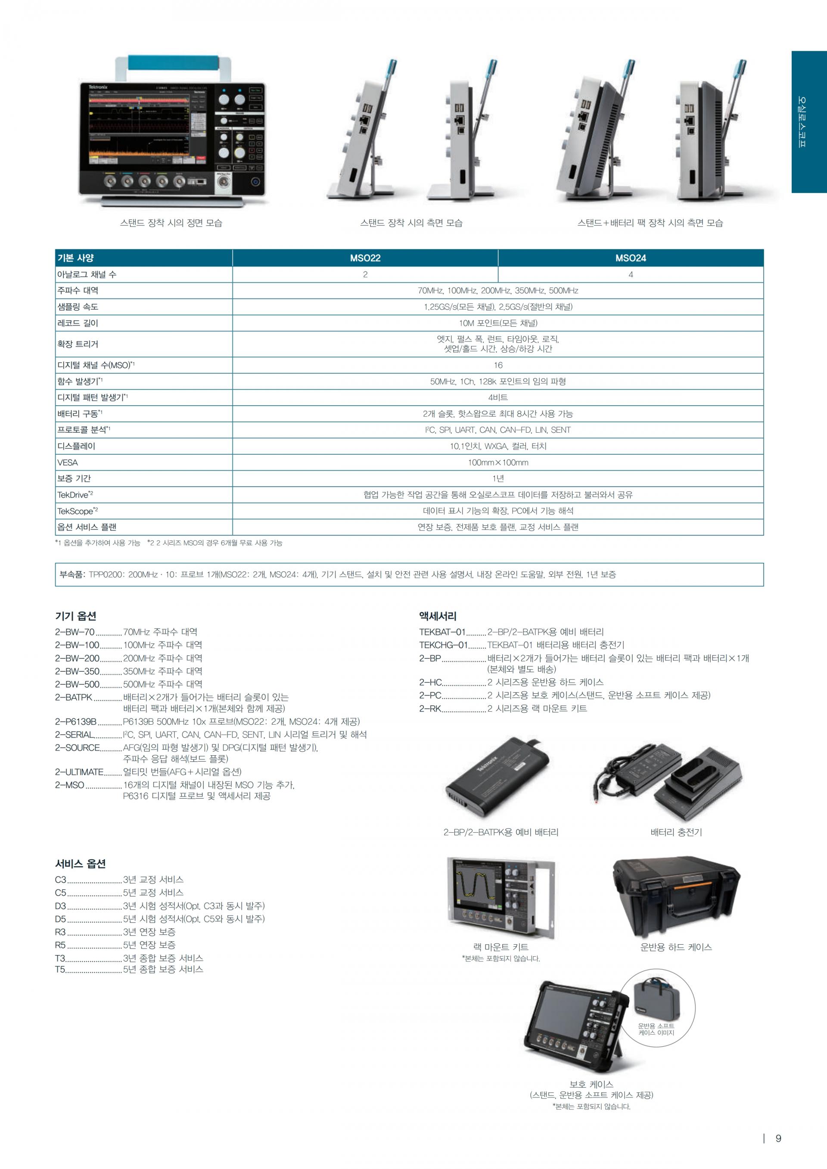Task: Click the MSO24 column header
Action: [x=631, y=258]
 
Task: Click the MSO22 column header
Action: [x=365, y=258]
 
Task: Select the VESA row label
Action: [x=68, y=462]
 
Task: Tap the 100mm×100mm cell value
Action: [x=498, y=462]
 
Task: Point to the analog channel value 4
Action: [x=631, y=274]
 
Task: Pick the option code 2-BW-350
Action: [x=78, y=671]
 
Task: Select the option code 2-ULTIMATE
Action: [x=79, y=772]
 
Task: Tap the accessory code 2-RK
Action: [x=430, y=708]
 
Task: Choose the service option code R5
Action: [x=61, y=945]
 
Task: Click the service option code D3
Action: [x=61, y=906]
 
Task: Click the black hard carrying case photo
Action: [x=676, y=899]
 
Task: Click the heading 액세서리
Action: [x=438, y=616]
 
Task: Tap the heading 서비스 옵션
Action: [x=81, y=864]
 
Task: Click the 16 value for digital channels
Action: [x=498, y=365]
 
